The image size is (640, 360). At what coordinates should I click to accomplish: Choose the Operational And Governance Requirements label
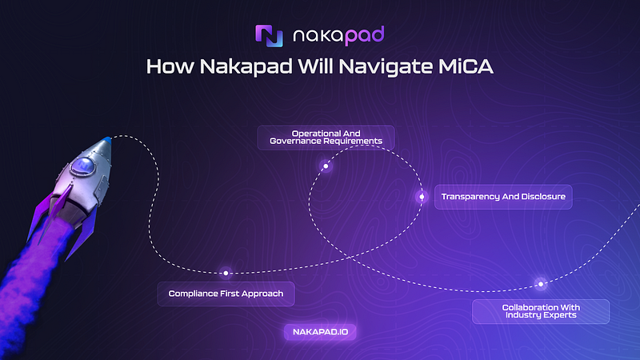point(325,137)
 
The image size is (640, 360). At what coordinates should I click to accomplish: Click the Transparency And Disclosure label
point(503,197)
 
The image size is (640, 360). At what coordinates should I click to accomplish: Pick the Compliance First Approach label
point(226,294)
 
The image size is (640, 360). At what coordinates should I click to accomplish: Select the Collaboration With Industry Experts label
point(541,310)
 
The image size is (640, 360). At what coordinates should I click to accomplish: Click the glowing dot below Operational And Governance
point(326,166)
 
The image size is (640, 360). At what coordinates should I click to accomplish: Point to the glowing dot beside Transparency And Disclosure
point(422,197)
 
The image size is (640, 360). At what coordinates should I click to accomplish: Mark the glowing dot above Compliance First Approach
point(226,273)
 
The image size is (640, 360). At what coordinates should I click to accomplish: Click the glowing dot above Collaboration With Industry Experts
point(541,283)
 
